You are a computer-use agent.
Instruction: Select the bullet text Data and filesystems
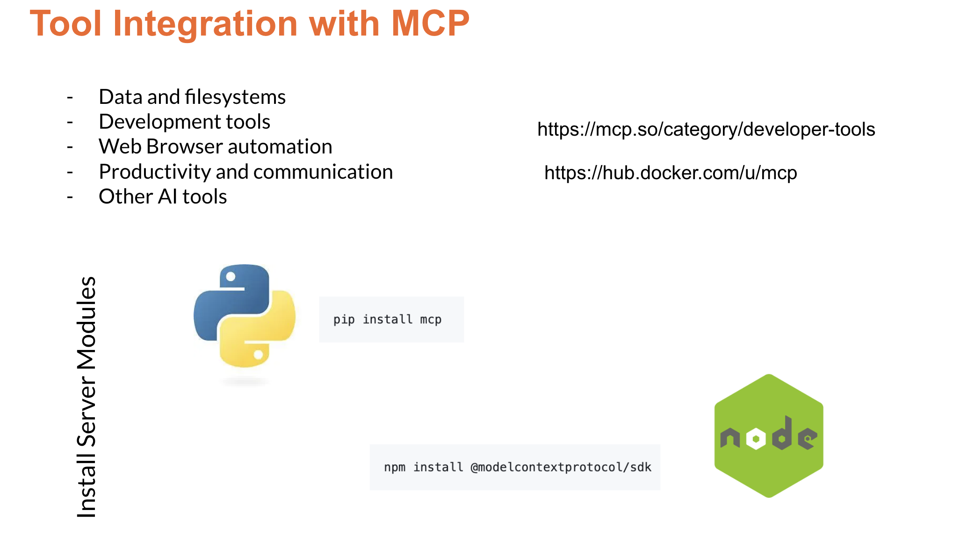coord(192,97)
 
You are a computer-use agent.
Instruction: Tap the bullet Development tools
coord(184,122)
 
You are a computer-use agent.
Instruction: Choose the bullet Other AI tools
coord(163,196)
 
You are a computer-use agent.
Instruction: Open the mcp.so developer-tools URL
coord(706,129)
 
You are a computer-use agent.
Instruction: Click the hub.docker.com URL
coord(670,173)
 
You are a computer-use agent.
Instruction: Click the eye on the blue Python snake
coord(231,276)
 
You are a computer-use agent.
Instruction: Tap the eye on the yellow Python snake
coord(258,355)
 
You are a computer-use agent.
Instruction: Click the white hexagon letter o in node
coord(756,439)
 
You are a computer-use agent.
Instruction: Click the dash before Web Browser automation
coord(70,147)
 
